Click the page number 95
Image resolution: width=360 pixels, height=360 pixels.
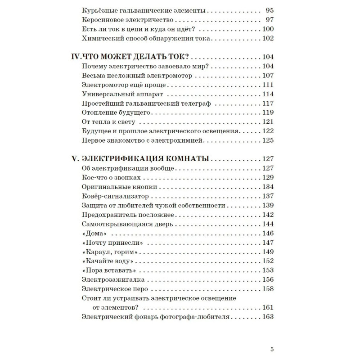(270, 10)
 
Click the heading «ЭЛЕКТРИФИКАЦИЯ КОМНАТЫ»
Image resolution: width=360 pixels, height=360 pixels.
(146, 159)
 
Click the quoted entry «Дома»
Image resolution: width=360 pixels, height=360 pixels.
(94, 234)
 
